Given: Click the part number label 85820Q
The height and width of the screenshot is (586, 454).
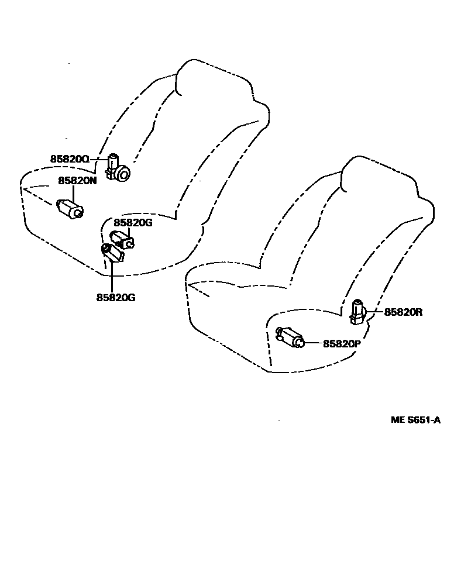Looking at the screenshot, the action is pos(69,159).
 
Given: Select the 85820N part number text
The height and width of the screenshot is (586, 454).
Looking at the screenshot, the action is pos(77,181).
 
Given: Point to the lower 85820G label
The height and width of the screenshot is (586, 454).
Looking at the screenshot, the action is pos(116,297).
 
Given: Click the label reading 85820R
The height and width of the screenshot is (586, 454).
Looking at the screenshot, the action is pos(403,312).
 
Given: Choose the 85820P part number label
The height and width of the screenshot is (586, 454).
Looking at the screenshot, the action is pos(342,344).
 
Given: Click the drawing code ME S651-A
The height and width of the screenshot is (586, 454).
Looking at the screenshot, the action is pos(415,420).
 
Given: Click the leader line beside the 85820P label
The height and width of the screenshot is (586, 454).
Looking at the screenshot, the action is pos(314,343).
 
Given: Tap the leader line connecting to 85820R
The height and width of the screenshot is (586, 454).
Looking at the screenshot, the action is pos(374,312).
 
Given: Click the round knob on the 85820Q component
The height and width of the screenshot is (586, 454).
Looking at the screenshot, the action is pos(122,174).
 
